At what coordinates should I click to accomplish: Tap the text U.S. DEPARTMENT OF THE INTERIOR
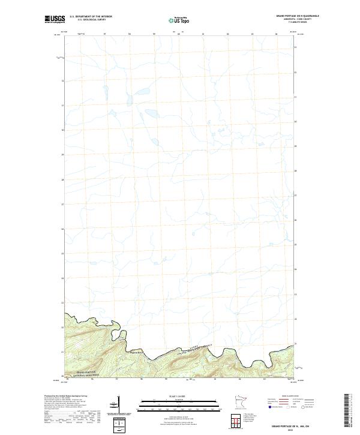(91, 17)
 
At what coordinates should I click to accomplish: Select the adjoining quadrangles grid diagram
(239, 420)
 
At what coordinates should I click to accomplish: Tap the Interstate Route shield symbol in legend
(272, 407)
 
